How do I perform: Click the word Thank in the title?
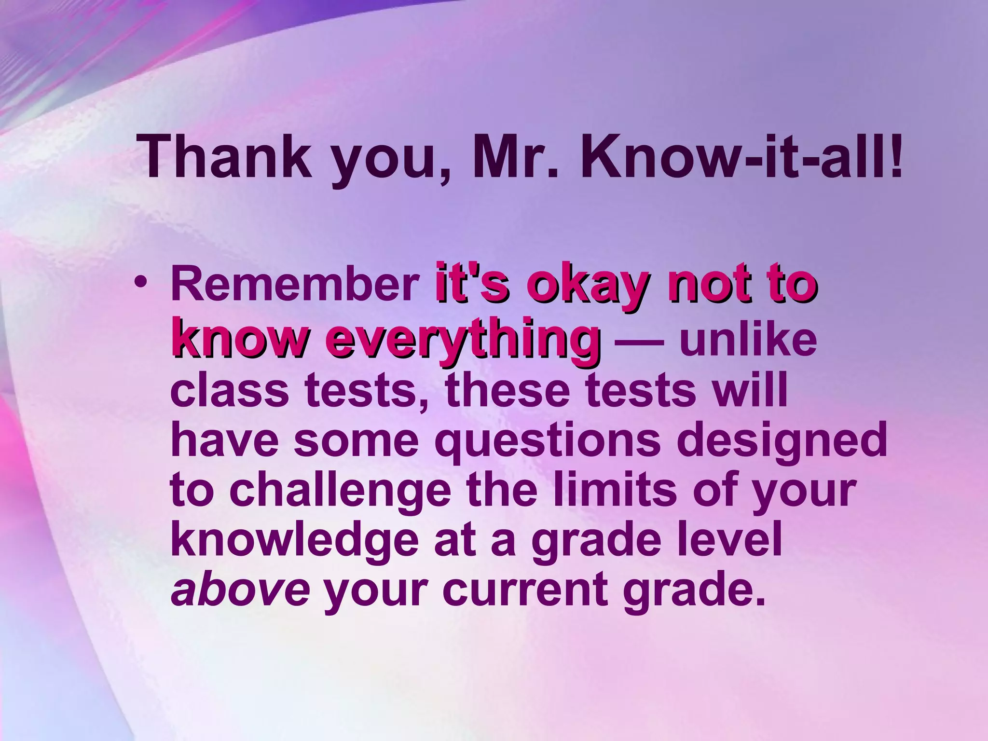(x=225, y=156)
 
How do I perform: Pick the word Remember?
(x=295, y=285)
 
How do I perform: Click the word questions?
(x=548, y=442)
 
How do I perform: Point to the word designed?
(x=782, y=442)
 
